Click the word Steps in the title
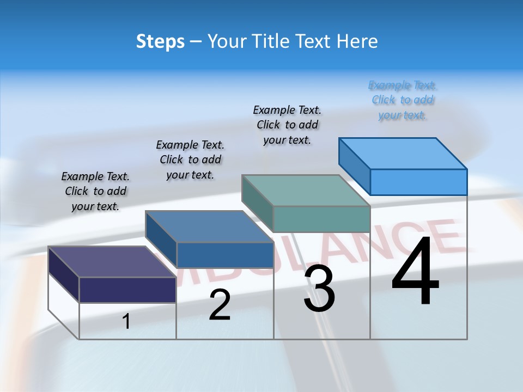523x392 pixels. coord(160,41)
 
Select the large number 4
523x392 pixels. coord(415,272)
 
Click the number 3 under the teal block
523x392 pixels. coord(319,289)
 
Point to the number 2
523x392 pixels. coord(220,305)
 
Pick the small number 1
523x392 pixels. coord(126,322)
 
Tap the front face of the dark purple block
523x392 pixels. coord(127,290)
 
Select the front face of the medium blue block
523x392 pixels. coord(225,255)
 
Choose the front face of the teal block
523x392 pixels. coord(321,219)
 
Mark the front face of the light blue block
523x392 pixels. coord(418,182)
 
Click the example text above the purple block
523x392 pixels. coord(95,191)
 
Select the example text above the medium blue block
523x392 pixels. coord(190,160)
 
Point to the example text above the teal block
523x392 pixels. coord(287,125)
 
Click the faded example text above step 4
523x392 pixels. coord(403,100)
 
